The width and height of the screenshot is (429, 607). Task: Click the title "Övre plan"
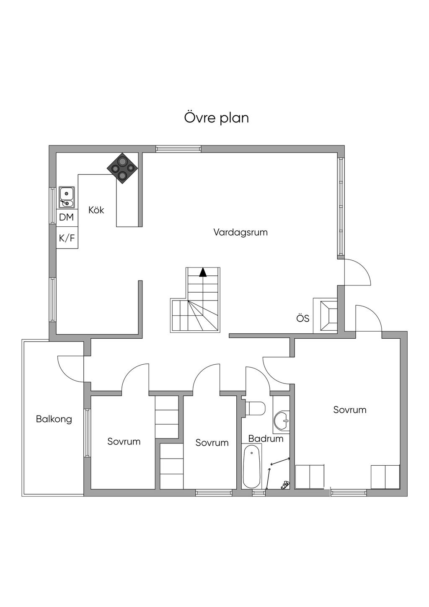click(x=217, y=118)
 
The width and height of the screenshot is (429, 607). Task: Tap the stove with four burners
click(x=123, y=168)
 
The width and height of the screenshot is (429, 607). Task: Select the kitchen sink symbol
click(x=67, y=197)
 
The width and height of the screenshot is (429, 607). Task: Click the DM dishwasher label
click(x=66, y=217)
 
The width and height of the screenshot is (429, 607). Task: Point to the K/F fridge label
click(x=67, y=238)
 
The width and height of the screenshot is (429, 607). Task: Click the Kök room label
click(x=96, y=210)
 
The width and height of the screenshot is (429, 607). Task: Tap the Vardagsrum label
click(x=240, y=232)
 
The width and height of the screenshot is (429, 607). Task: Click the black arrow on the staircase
click(x=203, y=272)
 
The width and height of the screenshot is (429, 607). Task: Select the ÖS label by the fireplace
click(x=303, y=318)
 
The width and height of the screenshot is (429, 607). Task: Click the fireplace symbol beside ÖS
click(x=328, y=316)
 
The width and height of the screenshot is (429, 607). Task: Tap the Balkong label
click(x=54, y=419)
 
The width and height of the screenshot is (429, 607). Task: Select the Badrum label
click(x=266, y=438)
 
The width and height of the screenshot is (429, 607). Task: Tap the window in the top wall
click(x=178, y=149)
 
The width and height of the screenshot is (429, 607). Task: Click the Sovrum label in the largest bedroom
click(x=350, y=410)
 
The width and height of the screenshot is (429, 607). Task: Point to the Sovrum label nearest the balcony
click(x=124, y=441)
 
